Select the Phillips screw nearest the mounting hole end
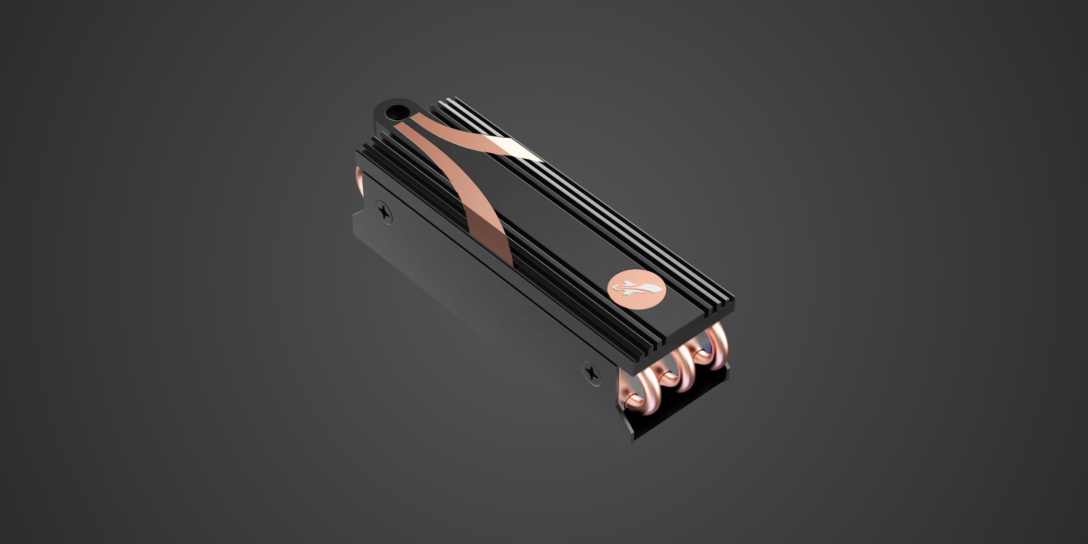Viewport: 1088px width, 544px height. (384, 212)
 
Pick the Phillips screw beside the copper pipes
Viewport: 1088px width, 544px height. (591, 373)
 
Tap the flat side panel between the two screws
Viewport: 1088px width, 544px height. (480, 293)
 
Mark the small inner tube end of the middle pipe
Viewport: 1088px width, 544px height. (667, 376)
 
